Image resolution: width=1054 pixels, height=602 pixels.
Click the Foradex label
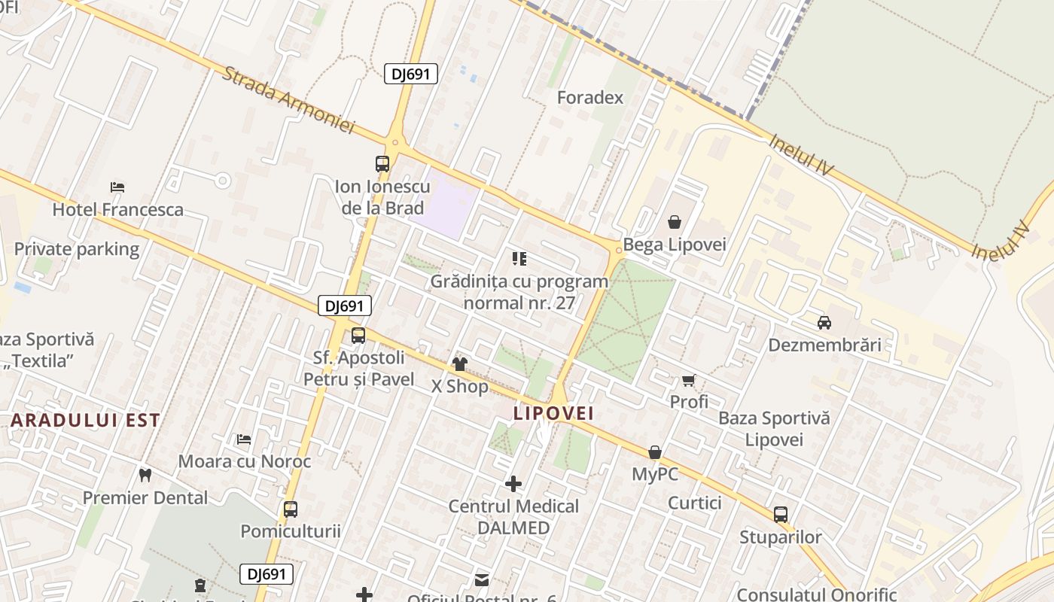tap(590, 98)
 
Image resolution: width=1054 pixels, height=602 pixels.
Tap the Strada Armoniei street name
tap(288, 100)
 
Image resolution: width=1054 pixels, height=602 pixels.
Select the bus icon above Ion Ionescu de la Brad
tap(382, 163)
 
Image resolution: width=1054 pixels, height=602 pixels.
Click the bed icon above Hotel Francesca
tap(117, 187)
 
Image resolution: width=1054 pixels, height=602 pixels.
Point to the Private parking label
tap(77, 249)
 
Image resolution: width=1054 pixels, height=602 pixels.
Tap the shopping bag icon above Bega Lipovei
tap(674, 222)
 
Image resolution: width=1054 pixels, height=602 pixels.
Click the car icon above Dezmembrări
tap(824, 323)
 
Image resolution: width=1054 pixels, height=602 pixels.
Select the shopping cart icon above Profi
tap(688, 380)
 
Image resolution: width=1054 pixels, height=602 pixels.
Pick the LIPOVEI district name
tap(554, 413)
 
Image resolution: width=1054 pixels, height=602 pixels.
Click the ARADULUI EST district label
tap(86, 420)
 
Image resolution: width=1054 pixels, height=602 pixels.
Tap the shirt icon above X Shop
tap(459, 364)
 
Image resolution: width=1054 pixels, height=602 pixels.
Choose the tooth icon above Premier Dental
tap(145, 475)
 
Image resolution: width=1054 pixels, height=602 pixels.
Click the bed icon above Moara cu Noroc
tap(244, 439)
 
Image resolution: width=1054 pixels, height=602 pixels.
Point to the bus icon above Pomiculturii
tap(291, 509)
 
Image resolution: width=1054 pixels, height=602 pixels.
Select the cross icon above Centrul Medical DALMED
tap(513, 483)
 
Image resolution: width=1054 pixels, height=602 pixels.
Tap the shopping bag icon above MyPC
tap(655, 452)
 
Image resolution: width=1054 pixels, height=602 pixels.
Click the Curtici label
tap(694, 503)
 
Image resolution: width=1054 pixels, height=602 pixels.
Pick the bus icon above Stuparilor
tap(781, 515)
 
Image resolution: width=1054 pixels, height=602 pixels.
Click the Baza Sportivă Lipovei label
tap(774, 428)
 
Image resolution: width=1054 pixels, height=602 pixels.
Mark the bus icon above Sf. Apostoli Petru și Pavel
tap(358, 336)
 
